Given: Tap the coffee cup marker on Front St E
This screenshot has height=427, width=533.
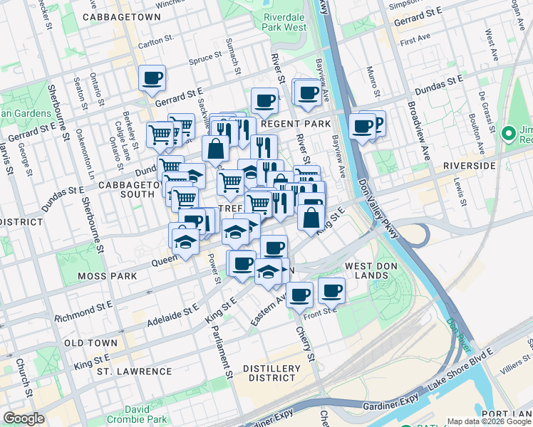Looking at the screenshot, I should [331, 290].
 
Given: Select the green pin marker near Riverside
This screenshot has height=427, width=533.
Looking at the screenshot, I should [508, 134].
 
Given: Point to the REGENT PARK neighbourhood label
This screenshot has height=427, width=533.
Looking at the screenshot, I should [296, 124].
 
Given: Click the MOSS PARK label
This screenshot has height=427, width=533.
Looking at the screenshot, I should [83, 275].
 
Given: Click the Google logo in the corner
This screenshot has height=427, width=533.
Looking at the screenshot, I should [24, 418].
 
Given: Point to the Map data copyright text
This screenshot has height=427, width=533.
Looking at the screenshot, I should [489, 421].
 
